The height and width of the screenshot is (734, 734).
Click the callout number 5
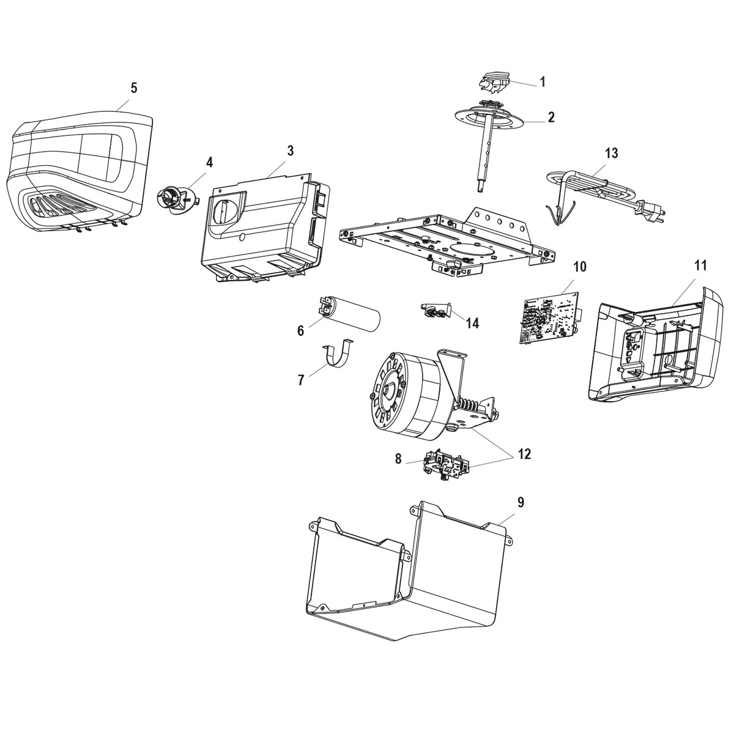(133, 87)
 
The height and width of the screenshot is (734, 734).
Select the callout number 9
(521, 502)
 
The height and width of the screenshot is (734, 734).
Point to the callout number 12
(524, 454)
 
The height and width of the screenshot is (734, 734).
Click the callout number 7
(301, 380)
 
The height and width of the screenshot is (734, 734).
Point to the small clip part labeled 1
(495, 82)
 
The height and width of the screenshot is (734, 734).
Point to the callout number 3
(290, 150)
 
